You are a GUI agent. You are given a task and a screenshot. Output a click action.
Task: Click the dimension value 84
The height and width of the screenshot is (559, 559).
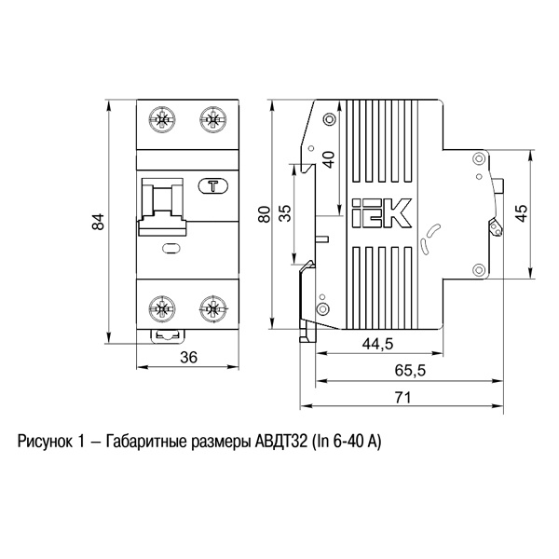tap(98, 221)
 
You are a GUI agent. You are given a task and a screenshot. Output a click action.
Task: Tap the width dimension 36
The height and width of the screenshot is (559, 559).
tap(188, 357)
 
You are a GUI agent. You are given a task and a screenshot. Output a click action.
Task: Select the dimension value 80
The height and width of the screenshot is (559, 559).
tap(265, 214)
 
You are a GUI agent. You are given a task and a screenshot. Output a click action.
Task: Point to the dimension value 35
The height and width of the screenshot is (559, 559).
tap(285, 213)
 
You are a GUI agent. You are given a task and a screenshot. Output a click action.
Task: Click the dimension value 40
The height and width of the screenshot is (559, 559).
tap(330, 159)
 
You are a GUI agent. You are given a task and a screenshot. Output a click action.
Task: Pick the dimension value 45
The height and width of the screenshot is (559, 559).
tap(522, 213)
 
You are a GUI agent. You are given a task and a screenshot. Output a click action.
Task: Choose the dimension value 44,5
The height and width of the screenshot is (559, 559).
tap(377, 344)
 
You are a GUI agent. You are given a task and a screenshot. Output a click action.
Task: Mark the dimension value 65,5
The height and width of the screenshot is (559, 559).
tap(410, 370)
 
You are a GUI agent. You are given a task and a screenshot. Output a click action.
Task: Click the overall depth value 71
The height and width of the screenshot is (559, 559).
tap(402, 397)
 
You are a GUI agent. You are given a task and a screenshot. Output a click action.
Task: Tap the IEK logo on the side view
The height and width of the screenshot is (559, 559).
tap(381, 213)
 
